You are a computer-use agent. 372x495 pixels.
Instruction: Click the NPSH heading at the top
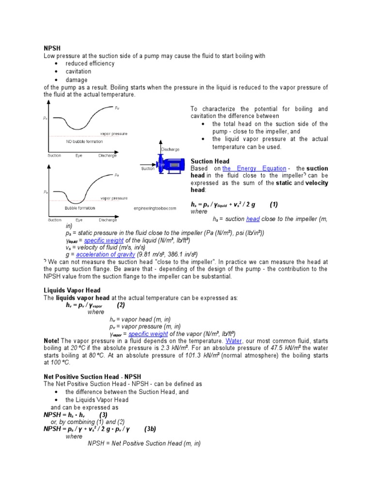[x=51, y=48]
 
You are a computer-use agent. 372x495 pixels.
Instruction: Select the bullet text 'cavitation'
[x=78, y=72]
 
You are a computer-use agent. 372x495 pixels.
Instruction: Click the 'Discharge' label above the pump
[x=170, y=149]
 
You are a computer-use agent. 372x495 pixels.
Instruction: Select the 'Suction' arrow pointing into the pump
[x=148, y=169]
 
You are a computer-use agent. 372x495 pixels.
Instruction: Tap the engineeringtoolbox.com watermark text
[x=155, y=209]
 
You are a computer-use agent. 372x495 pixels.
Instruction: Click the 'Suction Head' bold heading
[x=210, y=160]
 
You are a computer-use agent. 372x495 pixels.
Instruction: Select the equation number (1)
[x=274, y=204]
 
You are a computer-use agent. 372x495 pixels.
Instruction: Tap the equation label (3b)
[x=150, y=429]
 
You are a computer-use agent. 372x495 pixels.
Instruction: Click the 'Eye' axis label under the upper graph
[x=79, y=156]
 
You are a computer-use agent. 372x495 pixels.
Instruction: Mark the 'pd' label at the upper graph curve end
[x=117, y=109]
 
